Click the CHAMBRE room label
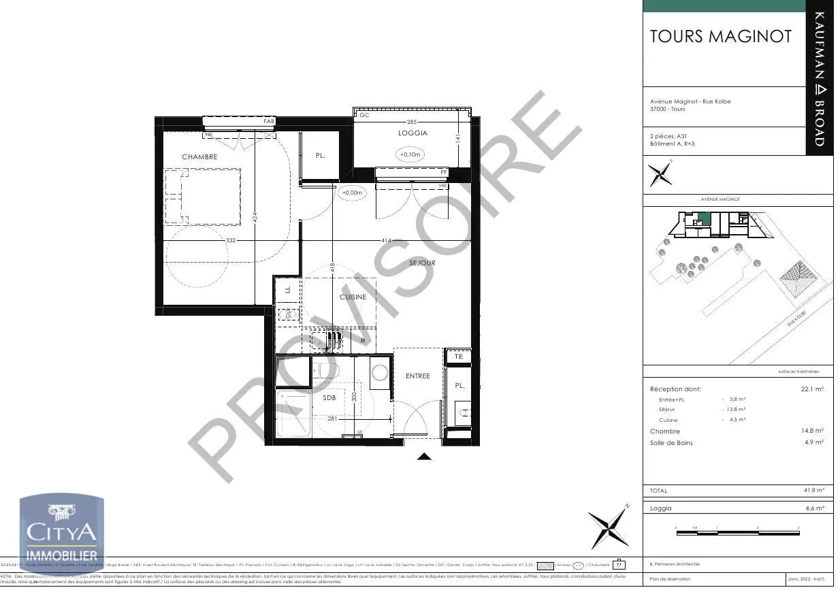click(x=199, y=157)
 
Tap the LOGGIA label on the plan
click(x=413, y=133)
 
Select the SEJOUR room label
click(x=422, y=263)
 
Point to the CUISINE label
click(x=353, y=297)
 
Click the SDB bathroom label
click(x=329, y=397)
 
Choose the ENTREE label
click(x=417, y=376)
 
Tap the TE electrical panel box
click(x=458, y=357)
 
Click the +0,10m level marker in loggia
click(x=410, y=154)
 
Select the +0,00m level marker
click(x=352, y=193)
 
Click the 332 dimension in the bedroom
click(x=231, y=241)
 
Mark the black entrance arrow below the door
click(x=424, y=457)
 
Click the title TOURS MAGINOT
click(x=721, y=37)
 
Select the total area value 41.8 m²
click(x=813, y=491)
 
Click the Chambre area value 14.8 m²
click(x=813, y=431)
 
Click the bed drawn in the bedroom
click(x=202, y=197)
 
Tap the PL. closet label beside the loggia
click(x=320, y=156)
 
